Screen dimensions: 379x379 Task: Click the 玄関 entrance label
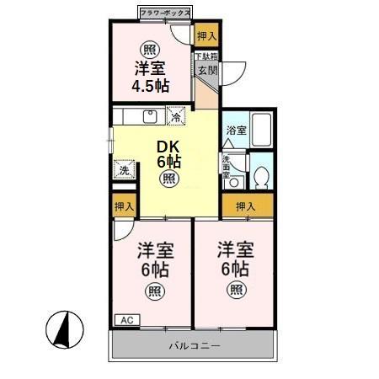coord(206,71)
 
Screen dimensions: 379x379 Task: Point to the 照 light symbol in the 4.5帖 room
coord(150,47)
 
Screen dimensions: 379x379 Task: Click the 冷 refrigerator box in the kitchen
coord(176,116)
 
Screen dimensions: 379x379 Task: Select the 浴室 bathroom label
coord(236,131)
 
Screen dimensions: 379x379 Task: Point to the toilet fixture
coord(261,176)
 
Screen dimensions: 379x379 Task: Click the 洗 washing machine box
coord(124,169)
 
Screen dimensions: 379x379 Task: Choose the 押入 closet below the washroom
coord(246,206)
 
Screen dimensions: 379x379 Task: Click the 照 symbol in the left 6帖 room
coord(153,291)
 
